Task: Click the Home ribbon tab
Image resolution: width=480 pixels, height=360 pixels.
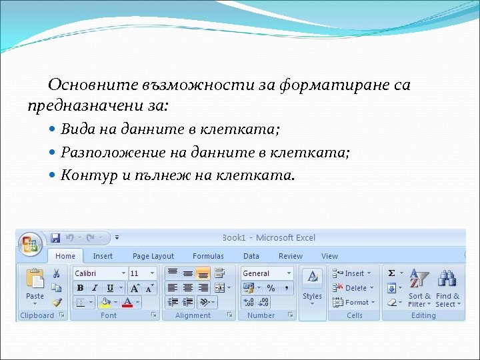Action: [65, 256]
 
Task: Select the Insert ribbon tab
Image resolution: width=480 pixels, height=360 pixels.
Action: [103, 256]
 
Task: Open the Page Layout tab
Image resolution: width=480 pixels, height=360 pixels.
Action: [153, 256]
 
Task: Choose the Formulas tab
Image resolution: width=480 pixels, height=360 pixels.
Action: [208, 256]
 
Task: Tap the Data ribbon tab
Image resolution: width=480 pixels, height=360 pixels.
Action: [251, 256]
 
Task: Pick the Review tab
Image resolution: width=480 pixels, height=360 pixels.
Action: [291, 256]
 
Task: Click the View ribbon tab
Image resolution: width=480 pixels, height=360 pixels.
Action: [329, 256]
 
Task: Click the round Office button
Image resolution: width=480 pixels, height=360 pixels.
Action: [30, 243]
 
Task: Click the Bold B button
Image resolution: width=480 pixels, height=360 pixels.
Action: [80, 288]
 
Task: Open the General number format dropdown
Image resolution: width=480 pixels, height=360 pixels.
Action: [267, 273]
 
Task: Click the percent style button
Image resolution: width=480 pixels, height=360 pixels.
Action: [271, 288]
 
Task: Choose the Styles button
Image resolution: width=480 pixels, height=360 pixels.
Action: [312, 287]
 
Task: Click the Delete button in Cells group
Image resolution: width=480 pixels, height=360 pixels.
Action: [353, 288]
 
